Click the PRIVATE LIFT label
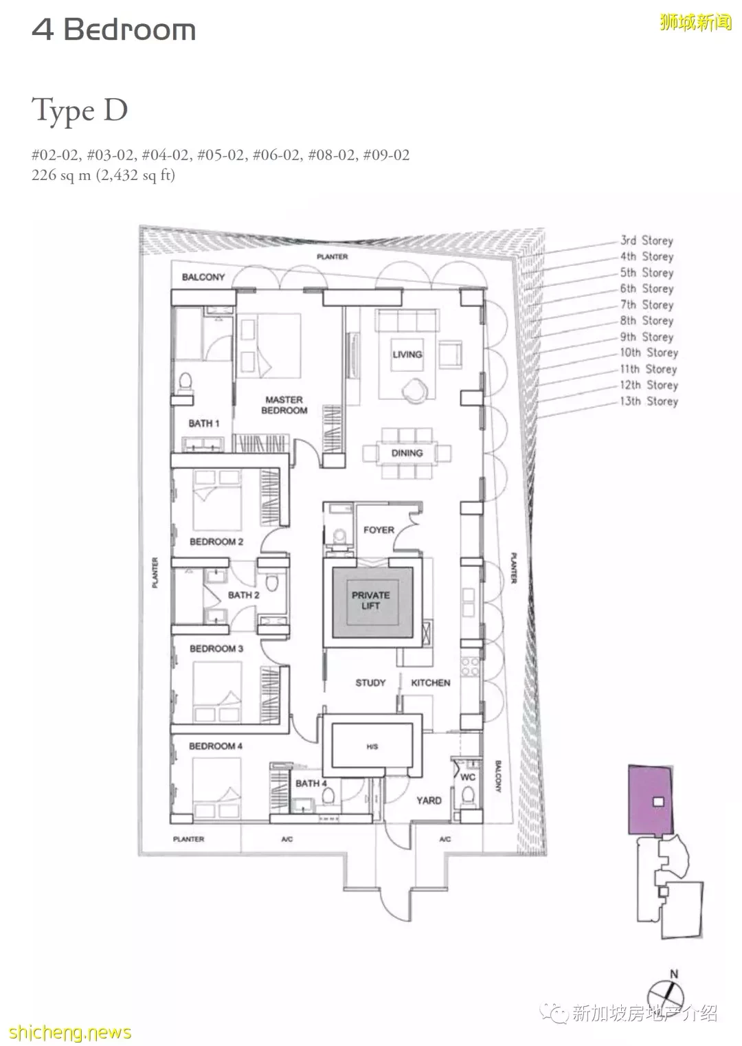[371, 601]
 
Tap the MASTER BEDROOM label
[284, 405]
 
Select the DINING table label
[407, 453]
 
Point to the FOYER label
[379, 530]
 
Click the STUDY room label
[371, 682]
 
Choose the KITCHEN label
[431, 682]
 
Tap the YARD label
[429, 801]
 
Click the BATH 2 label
[243, 595]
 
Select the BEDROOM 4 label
[216, 746]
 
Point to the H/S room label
[372, 746]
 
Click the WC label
[468, 777]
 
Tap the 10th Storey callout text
[649, 353]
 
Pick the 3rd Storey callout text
[647, 241]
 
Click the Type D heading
[80, 111]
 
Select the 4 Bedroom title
[113, 30]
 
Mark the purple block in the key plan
[651, 799]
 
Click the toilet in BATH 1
[185, 381]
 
